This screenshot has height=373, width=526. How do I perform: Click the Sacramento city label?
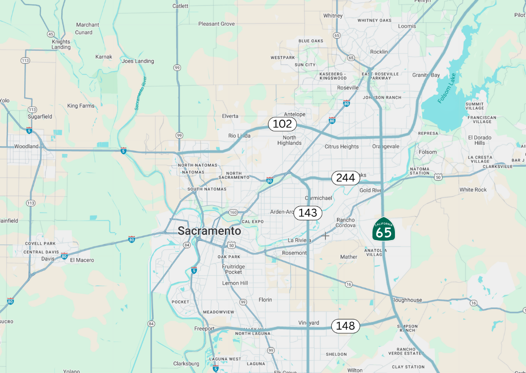tap(209, 231)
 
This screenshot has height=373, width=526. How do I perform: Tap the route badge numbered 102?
tap(282, 124)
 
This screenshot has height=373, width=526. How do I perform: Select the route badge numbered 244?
tap(345, 178)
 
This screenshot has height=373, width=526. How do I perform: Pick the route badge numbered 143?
tap(308, 213)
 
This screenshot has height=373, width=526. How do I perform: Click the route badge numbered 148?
tap(345, 326)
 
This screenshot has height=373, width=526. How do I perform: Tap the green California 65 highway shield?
tap(384, 229)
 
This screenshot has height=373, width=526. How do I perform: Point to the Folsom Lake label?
tap(447, 88)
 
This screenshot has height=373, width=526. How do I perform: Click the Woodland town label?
tap(26, 146)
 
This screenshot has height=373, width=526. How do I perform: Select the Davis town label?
tap(48, 258)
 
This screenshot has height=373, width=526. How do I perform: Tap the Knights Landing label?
tap(61, 44)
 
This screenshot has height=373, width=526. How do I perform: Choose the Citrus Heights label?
tap(342, 147)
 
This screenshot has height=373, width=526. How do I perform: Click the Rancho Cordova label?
tap(346, 222)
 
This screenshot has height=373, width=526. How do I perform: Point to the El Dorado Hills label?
tap(480, 140)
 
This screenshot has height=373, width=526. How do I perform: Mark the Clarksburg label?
tap(186, 363)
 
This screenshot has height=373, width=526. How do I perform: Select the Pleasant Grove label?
tap(217, 24)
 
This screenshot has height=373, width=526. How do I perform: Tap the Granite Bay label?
tap(426, 75)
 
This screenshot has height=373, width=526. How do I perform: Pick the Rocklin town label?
tap(379, 52)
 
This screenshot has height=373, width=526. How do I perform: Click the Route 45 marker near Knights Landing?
tap(51, 34)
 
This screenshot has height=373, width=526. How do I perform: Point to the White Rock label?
tap(473, 190)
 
